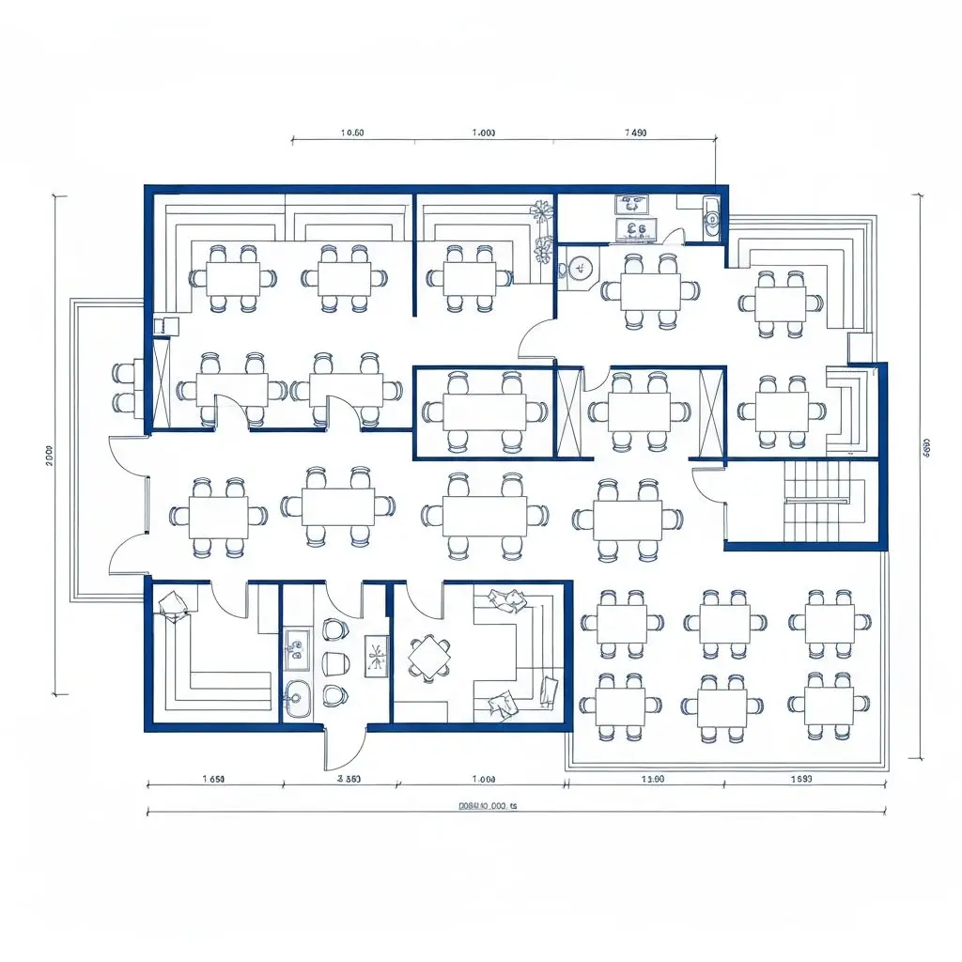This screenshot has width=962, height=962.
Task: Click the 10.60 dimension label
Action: [x=352, y=132]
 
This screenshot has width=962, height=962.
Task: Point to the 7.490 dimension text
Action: [x=636, y=132]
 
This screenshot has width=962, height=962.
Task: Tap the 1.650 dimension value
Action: [x=213, y=779]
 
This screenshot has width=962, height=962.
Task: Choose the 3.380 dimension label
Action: [x=349, y=779]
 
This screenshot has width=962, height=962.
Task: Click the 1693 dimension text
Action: [x=801, y=779]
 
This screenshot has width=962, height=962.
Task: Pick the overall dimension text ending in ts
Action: [x=488, y=806]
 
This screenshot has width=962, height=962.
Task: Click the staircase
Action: [x=815, y=502]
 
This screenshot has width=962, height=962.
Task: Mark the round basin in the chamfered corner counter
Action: [x=580, y=268]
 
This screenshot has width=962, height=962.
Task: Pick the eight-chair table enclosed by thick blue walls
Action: [x=484, y=411]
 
